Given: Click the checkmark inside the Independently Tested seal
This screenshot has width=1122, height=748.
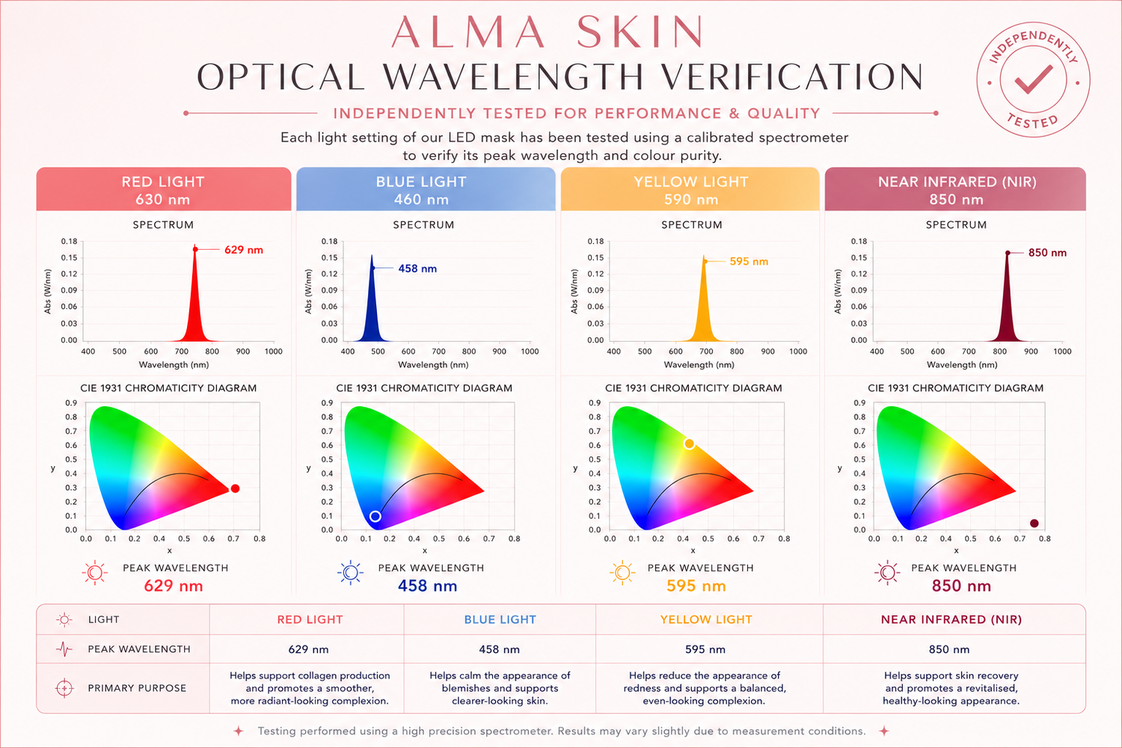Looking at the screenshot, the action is pos(1033,80).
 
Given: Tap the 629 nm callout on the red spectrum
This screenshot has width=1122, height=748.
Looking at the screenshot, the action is pos(243,250).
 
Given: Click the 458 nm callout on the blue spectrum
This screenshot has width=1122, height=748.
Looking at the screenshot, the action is pos(417,269).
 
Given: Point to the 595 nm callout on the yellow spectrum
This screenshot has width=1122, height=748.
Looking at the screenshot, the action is pos(749,262).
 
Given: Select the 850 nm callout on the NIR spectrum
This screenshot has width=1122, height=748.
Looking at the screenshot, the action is pos(1047,253).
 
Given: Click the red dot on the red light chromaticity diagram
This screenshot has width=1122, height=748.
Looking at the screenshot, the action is pos(235,488).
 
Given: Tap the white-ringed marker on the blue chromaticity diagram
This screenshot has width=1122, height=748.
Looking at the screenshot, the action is pos(375,516).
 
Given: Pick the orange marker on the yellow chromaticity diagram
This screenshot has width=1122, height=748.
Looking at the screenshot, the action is pos(689,444).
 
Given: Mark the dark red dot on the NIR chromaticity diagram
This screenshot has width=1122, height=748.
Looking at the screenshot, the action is pos(1034,523).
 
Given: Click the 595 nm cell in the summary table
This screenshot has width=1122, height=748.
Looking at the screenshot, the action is pos(705,649).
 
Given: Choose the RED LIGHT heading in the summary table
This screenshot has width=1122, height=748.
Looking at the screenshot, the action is pos(310,620).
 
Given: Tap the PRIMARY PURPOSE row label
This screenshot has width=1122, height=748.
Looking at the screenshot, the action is pos(137,688).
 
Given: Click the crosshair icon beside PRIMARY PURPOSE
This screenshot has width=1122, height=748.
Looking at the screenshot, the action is pos(64,688).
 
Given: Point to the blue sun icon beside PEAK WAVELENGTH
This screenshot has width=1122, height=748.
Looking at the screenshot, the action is pos(351,572).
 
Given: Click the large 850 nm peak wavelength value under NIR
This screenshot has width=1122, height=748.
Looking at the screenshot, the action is pos(961,586).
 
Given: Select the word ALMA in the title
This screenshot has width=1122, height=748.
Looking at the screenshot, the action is pos(467,32).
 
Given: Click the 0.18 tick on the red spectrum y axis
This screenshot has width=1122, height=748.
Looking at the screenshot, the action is pos(69,242).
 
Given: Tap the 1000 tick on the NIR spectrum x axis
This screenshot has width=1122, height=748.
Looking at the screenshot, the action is pos(1062,352).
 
